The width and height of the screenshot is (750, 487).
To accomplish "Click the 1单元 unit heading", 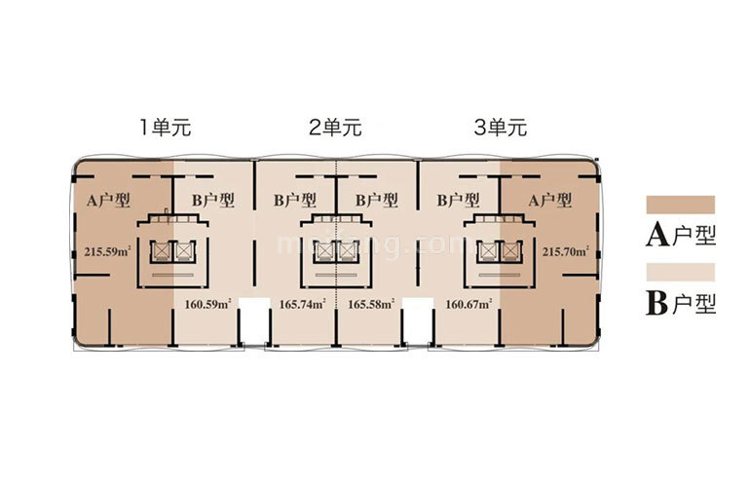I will tap(168, 127).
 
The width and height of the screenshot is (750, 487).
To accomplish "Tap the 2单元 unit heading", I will tap(335, 127).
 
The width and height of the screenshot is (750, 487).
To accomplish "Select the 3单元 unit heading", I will tap(500, 127).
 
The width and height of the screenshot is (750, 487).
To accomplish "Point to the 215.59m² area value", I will tap(107, 251).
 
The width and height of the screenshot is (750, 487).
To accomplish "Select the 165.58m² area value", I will tap(371, 303).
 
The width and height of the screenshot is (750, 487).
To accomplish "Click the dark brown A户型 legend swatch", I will tap(680, 205).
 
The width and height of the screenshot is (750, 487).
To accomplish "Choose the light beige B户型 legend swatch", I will tap(680, 272).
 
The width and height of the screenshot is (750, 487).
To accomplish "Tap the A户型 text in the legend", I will tap(680, 235).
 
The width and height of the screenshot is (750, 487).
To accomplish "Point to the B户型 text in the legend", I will tap(680, 303).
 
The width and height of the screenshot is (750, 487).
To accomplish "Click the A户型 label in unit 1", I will tap(109, 201).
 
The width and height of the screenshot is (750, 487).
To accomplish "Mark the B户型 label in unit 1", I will tap(212, 201).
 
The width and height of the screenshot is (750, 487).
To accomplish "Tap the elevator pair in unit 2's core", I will tap(334, 250).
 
